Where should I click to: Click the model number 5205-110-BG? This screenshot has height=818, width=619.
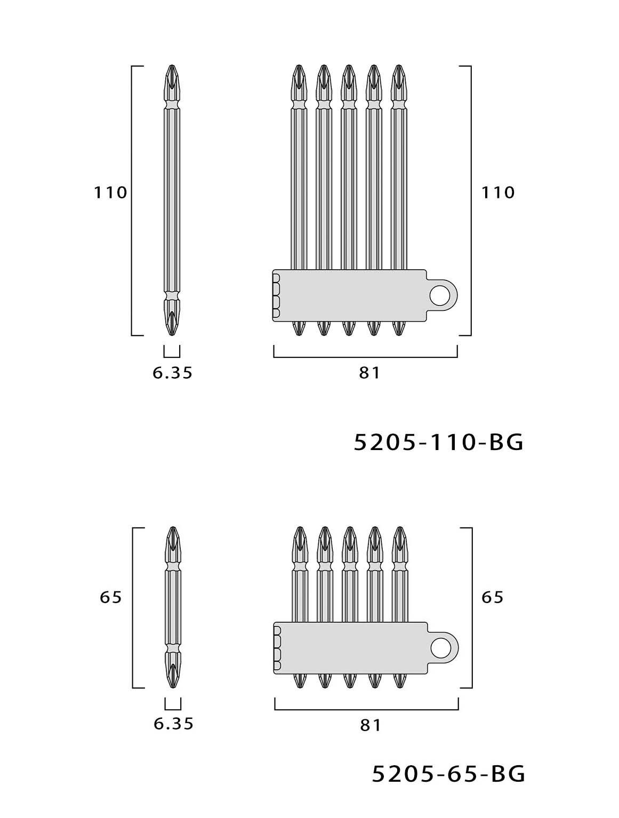coord(438,443)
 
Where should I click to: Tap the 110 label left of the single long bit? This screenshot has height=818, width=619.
coord(110,193)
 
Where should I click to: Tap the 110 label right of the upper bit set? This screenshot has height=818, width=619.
coord(498,193)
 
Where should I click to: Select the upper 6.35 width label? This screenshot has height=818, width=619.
coord(172,373)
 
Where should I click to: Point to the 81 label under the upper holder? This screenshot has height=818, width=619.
coord(369,373)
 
